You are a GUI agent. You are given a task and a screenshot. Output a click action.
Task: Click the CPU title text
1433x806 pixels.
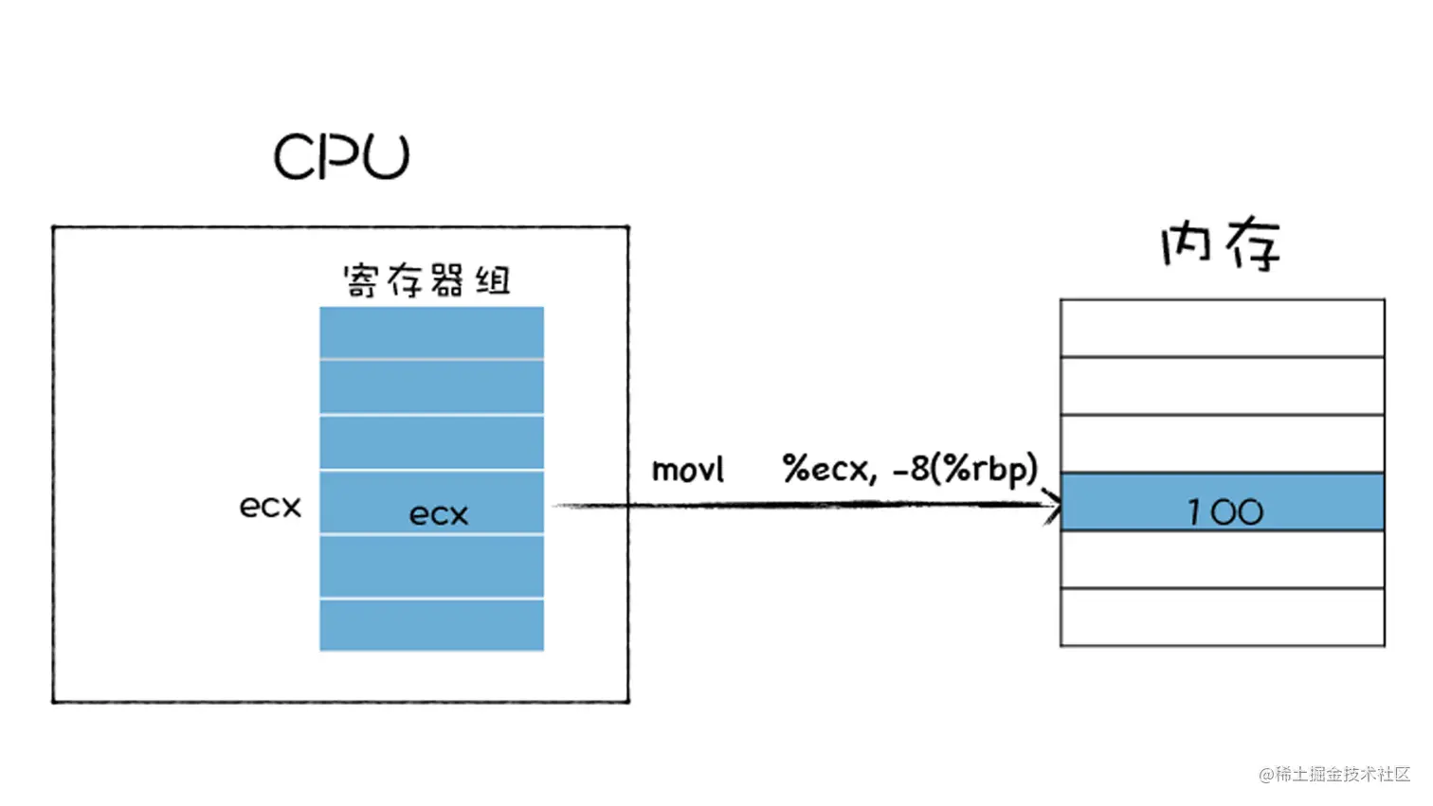coord(341,156)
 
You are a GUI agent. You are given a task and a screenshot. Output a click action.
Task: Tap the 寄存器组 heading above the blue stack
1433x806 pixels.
coord(426,281)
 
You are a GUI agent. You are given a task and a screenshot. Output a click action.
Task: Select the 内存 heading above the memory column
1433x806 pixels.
coord(1221,244)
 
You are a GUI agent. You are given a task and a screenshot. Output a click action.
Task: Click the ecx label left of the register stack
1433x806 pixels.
coord(270,507)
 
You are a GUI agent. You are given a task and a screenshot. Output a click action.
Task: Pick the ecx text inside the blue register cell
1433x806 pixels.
coord(438,514)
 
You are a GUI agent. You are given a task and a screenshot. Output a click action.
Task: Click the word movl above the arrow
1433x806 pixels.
coord(687,470)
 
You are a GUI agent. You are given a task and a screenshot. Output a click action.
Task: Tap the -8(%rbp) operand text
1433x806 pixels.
coord(965,469)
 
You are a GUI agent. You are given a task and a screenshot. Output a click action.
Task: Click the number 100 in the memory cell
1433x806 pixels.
coord(1224,512)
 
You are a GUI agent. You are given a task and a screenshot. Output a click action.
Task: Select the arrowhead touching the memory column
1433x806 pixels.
coord(1052,505)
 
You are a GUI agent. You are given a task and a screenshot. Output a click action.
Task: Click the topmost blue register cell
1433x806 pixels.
coord(431,332)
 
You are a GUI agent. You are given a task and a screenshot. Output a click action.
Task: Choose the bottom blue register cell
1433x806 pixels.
coord(431,625)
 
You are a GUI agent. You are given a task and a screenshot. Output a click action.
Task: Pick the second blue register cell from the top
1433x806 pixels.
coord(431,386)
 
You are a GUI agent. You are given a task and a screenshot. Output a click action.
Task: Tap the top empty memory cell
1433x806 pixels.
coord(1222,328)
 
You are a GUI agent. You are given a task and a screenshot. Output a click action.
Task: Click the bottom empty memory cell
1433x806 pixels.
coord(1222,618)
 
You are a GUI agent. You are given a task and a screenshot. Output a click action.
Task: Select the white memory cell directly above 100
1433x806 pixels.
coord(1222,443)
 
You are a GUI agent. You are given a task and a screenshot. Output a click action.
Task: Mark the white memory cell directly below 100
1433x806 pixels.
coord(1222,560)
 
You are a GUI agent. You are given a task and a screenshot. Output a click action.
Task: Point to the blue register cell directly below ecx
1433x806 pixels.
coord(431,566)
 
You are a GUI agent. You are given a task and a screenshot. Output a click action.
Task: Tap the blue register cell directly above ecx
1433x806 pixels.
coord(431,442)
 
